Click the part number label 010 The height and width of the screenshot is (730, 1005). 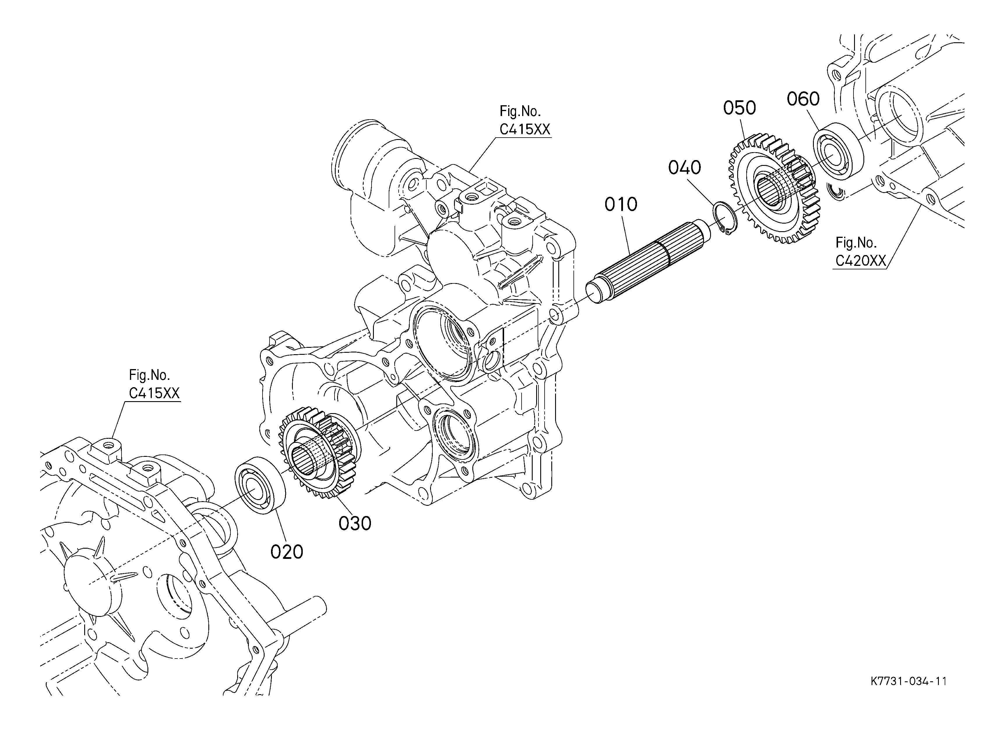(x=621, y=205)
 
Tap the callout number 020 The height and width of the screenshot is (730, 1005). (x=287, y=552)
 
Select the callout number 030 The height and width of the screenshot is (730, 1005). (x=355, y=524)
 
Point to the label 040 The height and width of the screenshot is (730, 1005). (x=685, y=168)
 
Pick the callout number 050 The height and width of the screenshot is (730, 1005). (x=740, y=108)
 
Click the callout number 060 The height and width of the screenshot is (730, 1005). (x=803, y=99)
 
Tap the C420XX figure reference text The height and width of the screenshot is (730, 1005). (x=860, y=261)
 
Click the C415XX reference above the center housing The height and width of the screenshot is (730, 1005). (x=525, y=129)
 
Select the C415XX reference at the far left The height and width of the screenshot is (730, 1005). (x=154, y=393)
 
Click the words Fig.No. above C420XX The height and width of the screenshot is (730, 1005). (x=856, y=243)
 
